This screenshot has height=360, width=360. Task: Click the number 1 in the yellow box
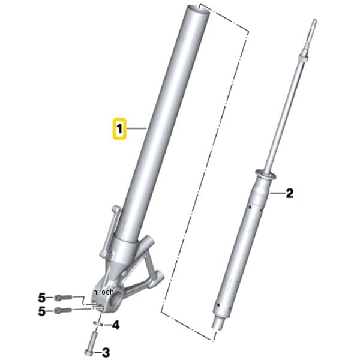[119, 128]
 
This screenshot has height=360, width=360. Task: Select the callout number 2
[290, 193]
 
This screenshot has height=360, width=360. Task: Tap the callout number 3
[106, 353]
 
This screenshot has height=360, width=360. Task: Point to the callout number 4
[115, 325]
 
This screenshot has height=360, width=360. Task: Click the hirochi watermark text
[104, 292]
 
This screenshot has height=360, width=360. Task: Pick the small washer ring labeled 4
[98, 324]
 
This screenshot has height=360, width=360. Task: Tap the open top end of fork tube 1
[198, 9]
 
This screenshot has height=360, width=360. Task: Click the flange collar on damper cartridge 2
[265, 175]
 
